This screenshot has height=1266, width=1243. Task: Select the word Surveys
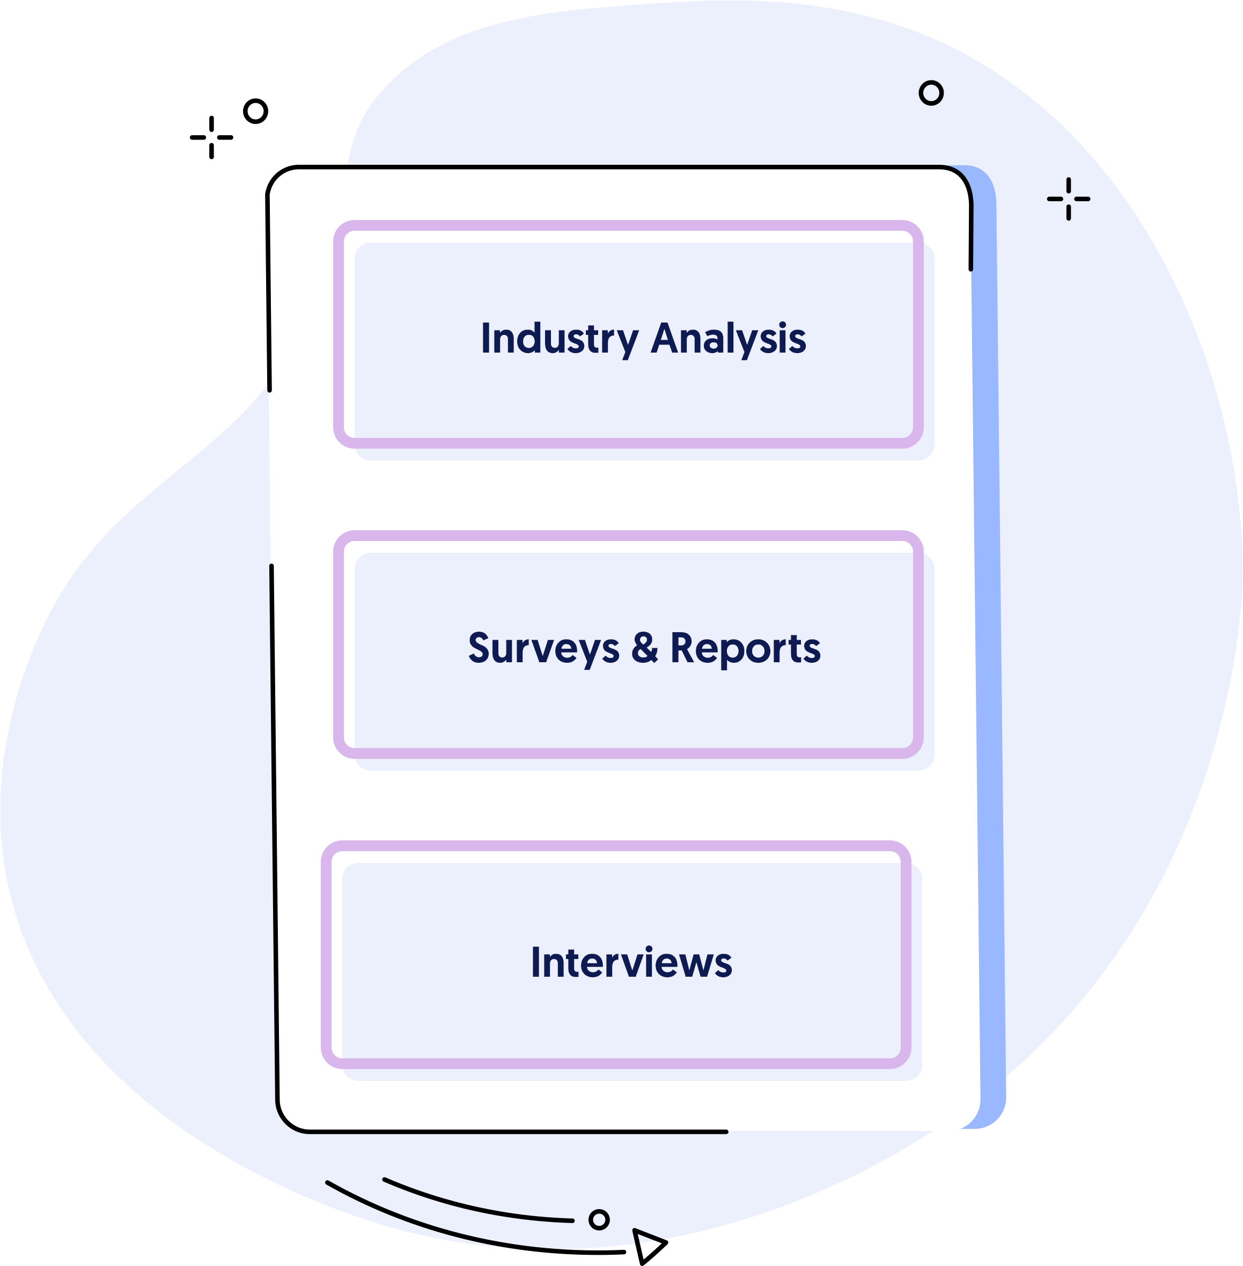click(543, 648)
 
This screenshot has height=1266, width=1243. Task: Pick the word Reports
click(745, 648)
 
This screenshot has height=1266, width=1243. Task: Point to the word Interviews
click(631, 963)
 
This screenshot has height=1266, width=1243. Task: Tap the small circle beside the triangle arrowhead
click(599, 1220)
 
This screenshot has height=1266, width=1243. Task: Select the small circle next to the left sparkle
click(255, 111)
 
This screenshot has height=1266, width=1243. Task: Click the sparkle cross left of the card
click(211, 137)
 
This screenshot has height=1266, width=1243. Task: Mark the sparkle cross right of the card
click(1069, 199)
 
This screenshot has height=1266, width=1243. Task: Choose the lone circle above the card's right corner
click(931, 93)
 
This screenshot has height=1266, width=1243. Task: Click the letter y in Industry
click(628, 342)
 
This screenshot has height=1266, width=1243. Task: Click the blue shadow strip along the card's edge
click(987, 653)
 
